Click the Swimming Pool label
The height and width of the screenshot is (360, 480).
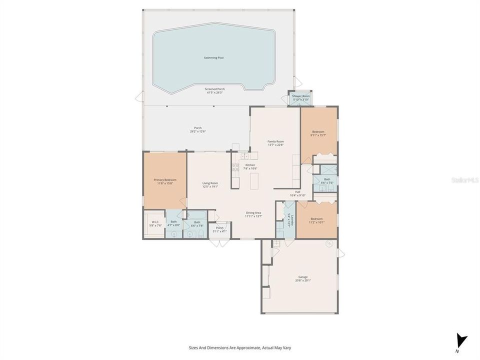tap(213, 57)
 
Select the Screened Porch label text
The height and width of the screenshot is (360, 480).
tap(214, 89)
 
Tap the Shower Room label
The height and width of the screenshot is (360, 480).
tap(301, 95)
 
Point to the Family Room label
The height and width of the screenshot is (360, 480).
tap(275, 141)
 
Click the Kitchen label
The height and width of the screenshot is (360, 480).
tap(250, 165)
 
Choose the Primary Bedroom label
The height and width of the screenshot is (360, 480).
tap(164, 179)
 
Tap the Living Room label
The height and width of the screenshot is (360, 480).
tap(210, 183)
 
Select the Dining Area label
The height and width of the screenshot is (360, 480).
tap(253, 212)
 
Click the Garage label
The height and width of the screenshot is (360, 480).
tap(303, 277)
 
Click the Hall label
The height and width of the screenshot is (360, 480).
tap(297, 191)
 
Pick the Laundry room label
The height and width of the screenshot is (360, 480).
tap(289, 219)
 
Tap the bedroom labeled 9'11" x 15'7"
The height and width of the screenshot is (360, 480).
tap(318, 131)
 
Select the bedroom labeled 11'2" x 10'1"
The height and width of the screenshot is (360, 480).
tap(316, 218)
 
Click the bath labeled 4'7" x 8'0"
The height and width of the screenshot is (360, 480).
tap(173, 221)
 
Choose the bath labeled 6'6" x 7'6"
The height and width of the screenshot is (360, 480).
tap(327, 179)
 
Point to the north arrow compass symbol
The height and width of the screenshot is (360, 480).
tap(461, 341)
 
